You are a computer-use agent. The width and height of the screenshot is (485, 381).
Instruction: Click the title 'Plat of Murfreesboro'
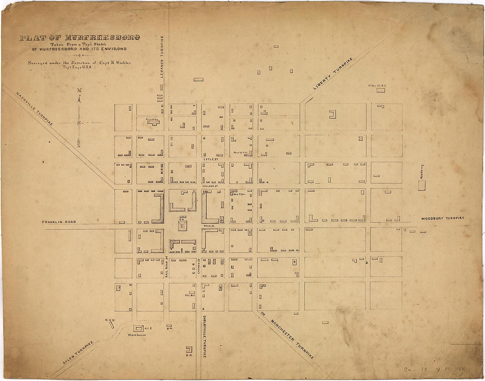tap(80, 37)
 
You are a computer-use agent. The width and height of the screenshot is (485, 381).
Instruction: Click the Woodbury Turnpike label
tap(442, 218)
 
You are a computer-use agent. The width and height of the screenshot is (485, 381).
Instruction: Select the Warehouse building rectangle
tap(139, 329)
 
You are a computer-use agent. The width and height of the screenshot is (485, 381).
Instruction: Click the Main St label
tap(209, 225)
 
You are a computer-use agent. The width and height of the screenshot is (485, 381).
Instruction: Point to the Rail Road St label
tap(167, 266)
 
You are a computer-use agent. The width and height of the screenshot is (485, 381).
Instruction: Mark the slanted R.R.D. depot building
tap(112, 325)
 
